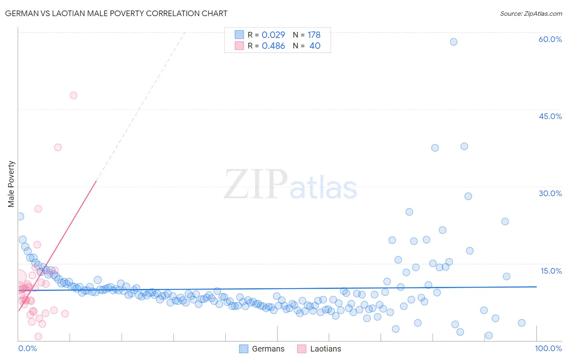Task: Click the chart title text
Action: click(x=116, y=13)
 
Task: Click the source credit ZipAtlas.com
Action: click(x=531, y=13)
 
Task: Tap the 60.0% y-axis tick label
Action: click(x=550, y=39)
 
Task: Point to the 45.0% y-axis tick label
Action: click(x=550, y=116)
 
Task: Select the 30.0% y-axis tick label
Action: click(x=550, y=193)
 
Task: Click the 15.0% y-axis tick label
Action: click(x=551, y=271)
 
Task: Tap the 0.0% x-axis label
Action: click(x=27, y=348)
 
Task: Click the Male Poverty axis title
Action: click(x=11, y=184)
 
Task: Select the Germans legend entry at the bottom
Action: click(x=262, y=349)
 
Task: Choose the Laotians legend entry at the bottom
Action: click(x=319, y=349)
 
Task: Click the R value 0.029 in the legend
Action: click(x=273, y=35)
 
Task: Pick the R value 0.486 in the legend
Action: click(x=273, y=46)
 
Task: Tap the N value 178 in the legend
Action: click(x=314, y=35)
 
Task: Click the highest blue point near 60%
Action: click(x=454, y=42)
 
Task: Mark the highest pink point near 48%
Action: click(x=73, y=95)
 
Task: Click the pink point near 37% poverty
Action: click(x=58, y=147)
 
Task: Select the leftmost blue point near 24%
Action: click(x=20, y=216)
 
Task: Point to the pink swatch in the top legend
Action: click(x=239, y=46)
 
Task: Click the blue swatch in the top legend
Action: click(x=239, y=35)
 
